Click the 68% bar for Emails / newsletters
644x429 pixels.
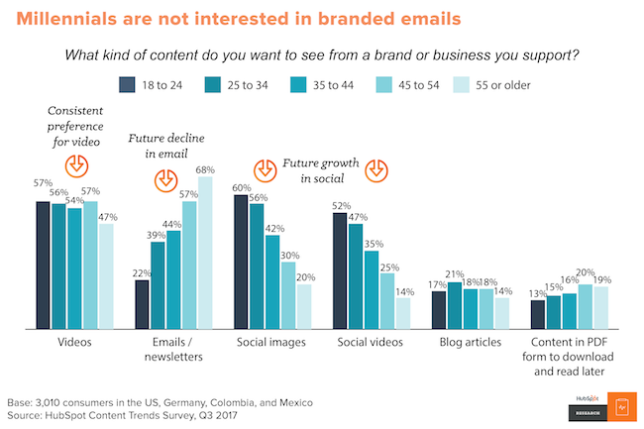[205, 253]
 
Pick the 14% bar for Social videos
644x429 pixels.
[403, 313]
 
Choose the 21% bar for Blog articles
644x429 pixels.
[454, 305]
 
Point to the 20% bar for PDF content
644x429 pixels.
[585, 306]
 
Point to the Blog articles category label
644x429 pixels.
[470, 343]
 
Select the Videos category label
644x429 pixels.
[75, 343]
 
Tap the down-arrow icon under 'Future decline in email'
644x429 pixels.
[165, 181]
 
